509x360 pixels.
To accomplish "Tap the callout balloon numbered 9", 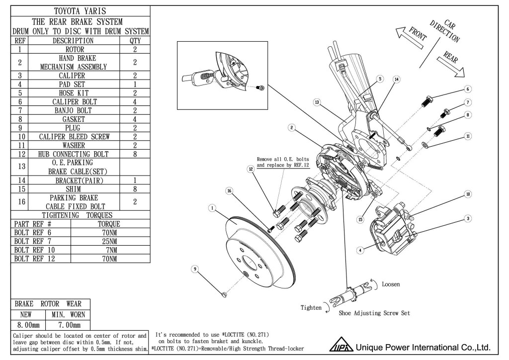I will pos(196,269).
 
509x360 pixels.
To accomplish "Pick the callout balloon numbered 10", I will pos(467,194).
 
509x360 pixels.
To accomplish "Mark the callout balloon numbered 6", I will pos(468,89).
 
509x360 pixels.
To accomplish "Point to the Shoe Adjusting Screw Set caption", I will pos(374,314).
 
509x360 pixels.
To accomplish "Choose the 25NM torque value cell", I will pos(109,241).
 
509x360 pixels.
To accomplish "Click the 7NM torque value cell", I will pos(109,250).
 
